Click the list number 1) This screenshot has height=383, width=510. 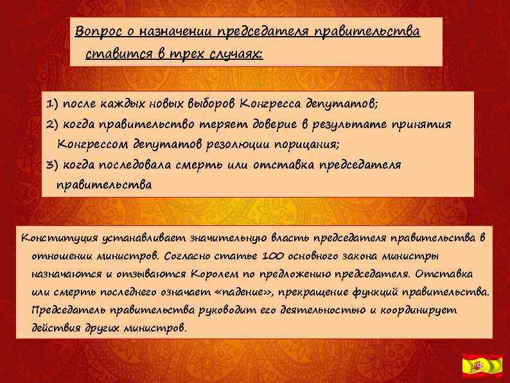pos(53,103)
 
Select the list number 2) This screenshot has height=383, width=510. pos(53,124)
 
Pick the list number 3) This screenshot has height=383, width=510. pos(53,165)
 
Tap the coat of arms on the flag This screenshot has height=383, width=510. pos(477,366)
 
